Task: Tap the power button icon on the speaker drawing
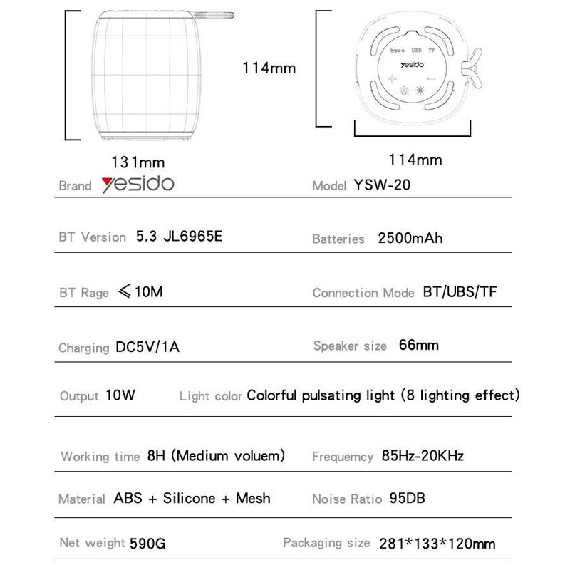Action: (404, 91)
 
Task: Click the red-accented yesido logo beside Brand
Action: (137, 185)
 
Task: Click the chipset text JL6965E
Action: (194, 237)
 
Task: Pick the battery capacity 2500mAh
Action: (410, 238)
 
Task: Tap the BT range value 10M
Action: (152, 292)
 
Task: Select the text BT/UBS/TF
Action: (459, 292)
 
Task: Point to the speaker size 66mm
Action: (419, 346)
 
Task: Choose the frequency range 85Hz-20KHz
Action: (423, 455)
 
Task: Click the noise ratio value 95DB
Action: (408, 499)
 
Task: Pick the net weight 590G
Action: (148, 544)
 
